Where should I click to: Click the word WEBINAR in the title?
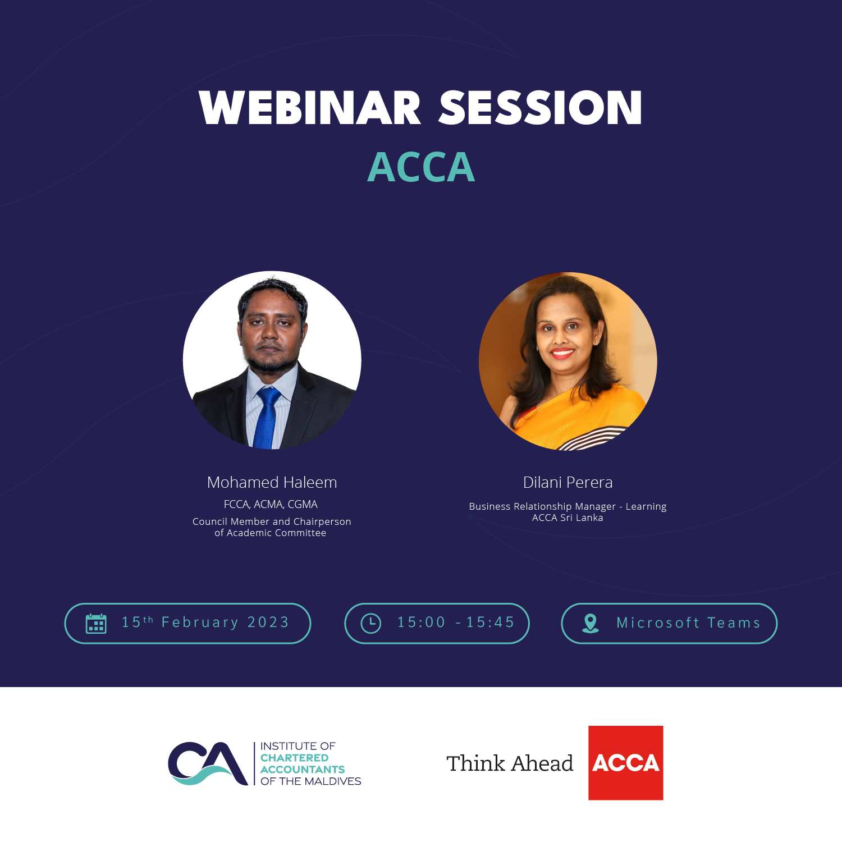[x=310, y=108]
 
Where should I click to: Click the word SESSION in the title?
[x=540, y=108]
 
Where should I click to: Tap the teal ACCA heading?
[x=421, y=167]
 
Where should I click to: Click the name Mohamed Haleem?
[x=272, y=482]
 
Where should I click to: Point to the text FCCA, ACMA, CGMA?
[x=271, y=504]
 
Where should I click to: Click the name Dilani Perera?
[x=568, y=482]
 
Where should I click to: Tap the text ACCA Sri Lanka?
[x=568, y=518]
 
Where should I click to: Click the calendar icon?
[x=96, y=623]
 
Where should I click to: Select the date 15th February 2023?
[x=205, y=623]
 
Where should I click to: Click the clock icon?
[x=370, y=623]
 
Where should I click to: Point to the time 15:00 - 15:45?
[x=456, y=623]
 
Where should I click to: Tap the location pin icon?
[x=591, y=623]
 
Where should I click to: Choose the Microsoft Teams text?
[x=688, y=623]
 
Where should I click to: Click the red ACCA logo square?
[x=625, y=762]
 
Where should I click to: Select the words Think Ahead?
[x=510, y=763]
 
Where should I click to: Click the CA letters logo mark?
[x=208, y=763]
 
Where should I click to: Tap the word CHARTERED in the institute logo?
[x=294, y=758]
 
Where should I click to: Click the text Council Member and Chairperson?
[x=272, y=521]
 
